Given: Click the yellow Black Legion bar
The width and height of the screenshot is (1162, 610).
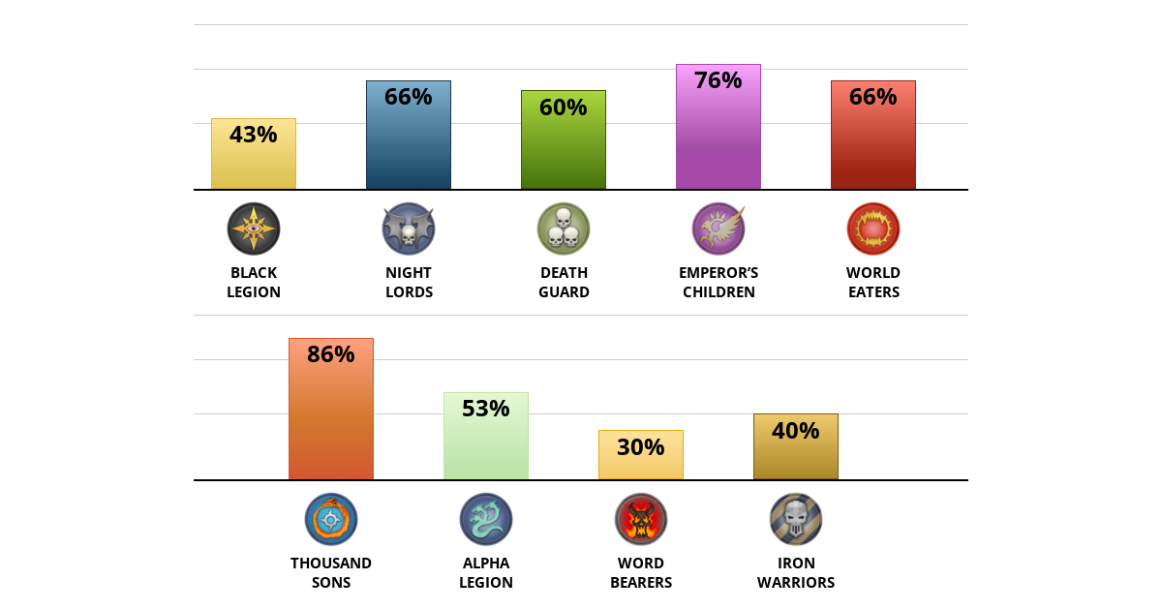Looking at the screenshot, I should point(254,160).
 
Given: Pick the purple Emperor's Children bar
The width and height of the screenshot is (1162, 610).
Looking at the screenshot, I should point(719,136).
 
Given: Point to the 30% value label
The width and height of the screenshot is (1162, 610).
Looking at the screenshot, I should point(641,447).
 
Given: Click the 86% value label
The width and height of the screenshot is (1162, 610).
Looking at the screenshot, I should point(331,354).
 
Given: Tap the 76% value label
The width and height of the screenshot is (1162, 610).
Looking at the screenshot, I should point(719,80).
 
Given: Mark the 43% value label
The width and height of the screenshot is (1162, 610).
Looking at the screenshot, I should point(254,135).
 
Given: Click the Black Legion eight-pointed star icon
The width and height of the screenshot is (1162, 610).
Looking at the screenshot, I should point(254,229).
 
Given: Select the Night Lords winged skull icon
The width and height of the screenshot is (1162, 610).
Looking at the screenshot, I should point(409,229).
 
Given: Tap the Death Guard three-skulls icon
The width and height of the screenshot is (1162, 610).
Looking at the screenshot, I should point(564,229).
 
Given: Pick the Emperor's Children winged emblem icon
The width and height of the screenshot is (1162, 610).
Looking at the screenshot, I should point(719,229).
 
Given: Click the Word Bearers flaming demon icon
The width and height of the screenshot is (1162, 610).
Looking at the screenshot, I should point(641,519).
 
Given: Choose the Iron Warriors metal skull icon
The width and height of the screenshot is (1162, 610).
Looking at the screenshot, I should point(796,519).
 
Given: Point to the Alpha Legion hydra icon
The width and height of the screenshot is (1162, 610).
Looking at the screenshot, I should point(486,519).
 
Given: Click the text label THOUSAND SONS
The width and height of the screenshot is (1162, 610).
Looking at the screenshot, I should point(331,572).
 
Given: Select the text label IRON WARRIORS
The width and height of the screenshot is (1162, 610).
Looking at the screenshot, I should point(796,572).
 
